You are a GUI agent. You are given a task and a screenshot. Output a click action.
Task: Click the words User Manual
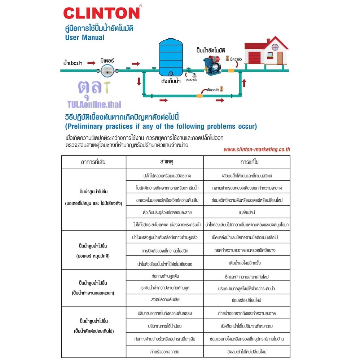(x=85, y=38)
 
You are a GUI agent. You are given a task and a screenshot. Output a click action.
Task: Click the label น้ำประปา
(x=73, y=63)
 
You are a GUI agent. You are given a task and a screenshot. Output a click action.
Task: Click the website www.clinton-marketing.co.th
(x=256, y=149)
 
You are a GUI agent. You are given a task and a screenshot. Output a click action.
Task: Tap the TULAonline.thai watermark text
(x=94, y=105)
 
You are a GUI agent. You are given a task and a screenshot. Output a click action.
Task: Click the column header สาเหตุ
(x=167, y=162)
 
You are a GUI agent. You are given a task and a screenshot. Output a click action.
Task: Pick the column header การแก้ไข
(x=247, y=162)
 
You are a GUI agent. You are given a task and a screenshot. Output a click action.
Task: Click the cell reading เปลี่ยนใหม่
(x=247, y=212)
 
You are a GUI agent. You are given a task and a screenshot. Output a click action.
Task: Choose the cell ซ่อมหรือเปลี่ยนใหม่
(x=247, y=300)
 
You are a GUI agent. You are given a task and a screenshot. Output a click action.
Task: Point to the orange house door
(x=280, y=56)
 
